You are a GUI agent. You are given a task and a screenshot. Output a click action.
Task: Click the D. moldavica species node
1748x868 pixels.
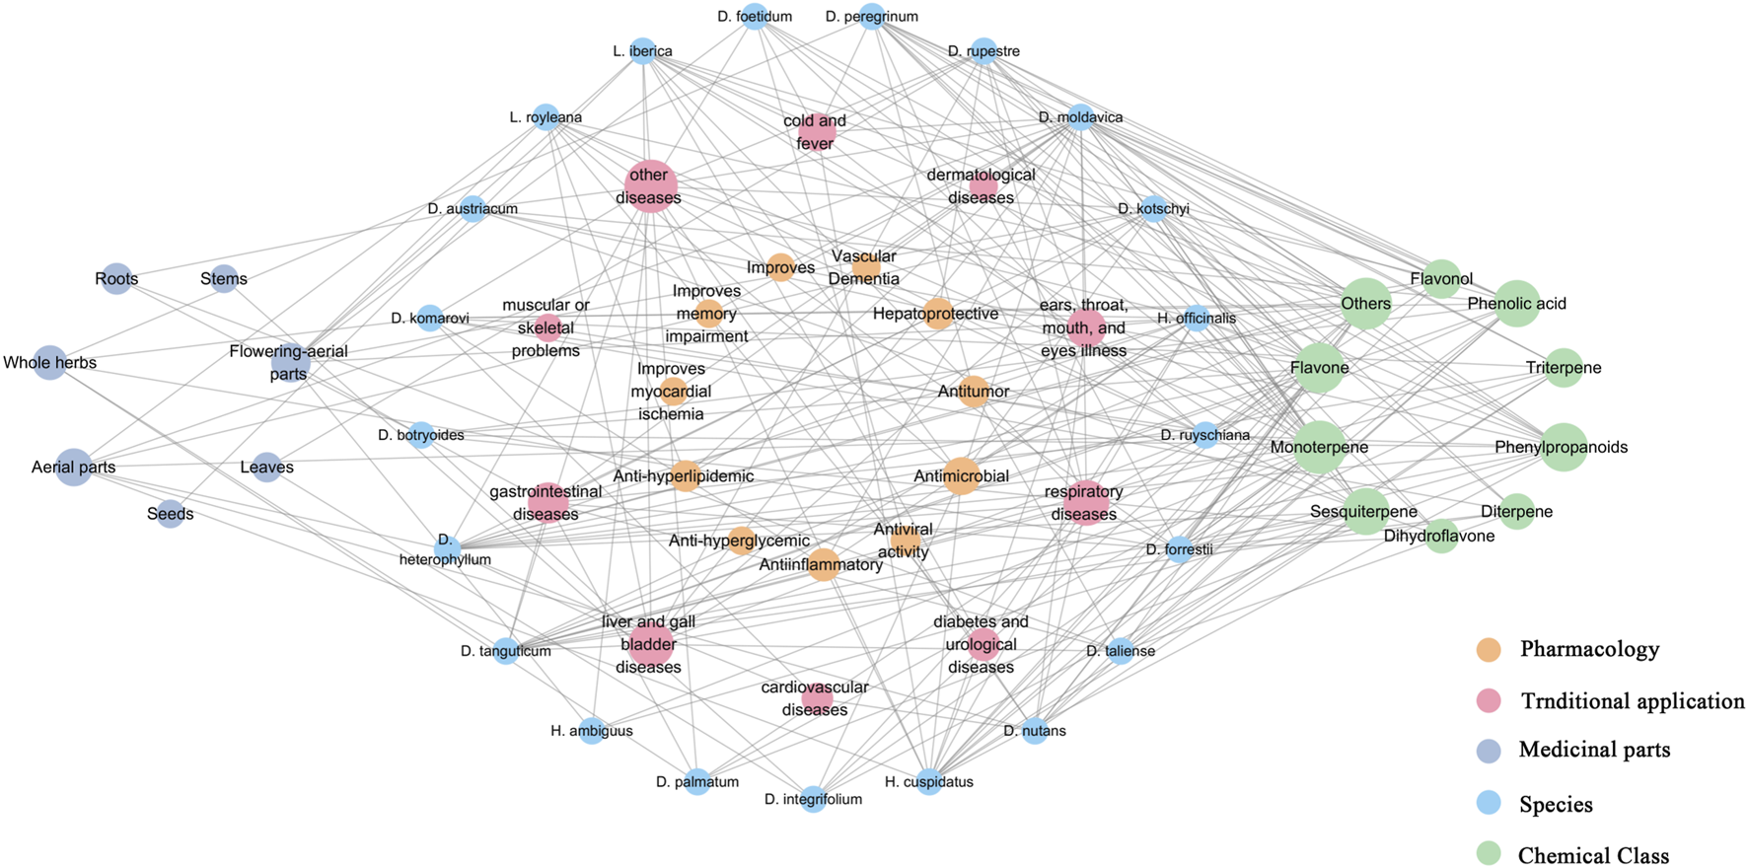(x=1080, y=117)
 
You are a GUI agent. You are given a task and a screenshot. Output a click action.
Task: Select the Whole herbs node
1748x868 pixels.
(x=49, y=363)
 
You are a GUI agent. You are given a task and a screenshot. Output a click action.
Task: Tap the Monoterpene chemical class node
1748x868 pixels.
(x=1319, y=447)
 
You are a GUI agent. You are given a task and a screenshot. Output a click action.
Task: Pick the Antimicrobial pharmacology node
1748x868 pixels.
(x=961, y=476)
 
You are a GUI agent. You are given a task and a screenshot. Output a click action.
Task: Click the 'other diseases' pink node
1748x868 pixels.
(x=650, y=185)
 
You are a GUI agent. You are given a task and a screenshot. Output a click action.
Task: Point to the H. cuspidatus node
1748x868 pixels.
(x=929, y=782)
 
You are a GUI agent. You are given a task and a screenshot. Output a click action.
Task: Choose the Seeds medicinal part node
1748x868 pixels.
(x=171, y=514)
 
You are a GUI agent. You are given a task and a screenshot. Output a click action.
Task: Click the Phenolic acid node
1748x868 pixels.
(x=1516, y=304)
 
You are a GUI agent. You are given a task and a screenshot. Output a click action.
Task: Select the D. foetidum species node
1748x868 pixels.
(x=755, y=17)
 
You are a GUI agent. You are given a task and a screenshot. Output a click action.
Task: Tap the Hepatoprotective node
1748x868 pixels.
(x=938, y=314)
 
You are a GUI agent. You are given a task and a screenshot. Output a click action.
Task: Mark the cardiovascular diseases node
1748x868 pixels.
(x=817, y=698)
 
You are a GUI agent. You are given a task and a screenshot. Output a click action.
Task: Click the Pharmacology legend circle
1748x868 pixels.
(x=1488, y=649)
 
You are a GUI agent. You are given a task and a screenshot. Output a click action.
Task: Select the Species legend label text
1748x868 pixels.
(x=1556, y=804)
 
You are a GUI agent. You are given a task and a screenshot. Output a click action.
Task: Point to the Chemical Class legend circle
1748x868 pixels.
(x=1488, y=854)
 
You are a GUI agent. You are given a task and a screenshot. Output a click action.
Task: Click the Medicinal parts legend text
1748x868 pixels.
(x=1594, y=750)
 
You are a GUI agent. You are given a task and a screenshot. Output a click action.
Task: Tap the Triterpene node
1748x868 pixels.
(x=1564, y=368)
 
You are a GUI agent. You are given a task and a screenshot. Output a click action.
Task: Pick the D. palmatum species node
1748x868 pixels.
(x=697, y=782)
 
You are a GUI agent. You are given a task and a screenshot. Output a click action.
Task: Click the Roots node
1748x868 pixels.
(x=116, y=279)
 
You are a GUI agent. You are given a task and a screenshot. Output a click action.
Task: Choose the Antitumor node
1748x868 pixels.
(x=973, y=392)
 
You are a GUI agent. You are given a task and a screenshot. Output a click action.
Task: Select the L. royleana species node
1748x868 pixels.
(x=546, y=117)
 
